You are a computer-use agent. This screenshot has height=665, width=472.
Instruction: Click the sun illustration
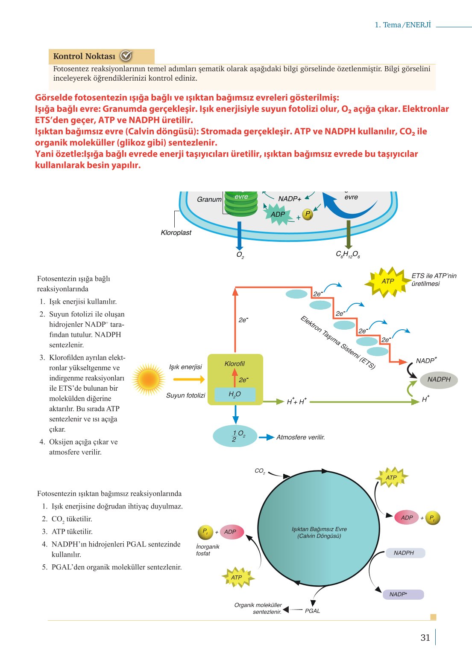[148, 379]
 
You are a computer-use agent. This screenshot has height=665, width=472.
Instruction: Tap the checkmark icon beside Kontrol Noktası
[126, 55]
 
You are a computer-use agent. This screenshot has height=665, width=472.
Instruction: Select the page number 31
[425, 637]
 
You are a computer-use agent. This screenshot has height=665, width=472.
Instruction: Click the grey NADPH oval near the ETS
[439, 380]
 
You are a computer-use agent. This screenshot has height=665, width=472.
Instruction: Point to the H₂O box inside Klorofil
[235, 394]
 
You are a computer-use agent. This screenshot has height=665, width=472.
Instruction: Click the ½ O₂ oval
[235, 436]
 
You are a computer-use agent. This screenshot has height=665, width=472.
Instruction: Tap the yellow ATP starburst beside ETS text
[387, 281]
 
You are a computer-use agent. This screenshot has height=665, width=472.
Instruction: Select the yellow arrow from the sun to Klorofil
[189, 379]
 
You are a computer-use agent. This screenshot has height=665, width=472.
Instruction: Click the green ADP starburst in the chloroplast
[278, 214]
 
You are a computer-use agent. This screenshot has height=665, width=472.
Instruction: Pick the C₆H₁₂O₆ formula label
[348, 254]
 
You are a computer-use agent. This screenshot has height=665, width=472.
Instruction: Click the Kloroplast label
[176, 233]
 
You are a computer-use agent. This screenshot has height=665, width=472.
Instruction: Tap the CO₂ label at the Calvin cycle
[260, 471]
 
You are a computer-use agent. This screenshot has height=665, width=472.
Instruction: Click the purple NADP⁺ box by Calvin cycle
[403, 594]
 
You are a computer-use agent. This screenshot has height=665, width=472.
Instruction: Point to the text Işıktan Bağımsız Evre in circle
[319, 529]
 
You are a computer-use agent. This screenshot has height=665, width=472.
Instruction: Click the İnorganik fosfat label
[208, 550]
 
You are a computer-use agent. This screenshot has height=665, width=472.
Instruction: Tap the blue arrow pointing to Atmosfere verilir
[266, 437]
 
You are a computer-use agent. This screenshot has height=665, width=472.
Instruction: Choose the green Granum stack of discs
[241, 203]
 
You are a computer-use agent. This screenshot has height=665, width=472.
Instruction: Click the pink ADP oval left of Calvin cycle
[232, 532]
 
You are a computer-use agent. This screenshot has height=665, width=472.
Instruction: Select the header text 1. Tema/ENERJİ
[403, 25]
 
